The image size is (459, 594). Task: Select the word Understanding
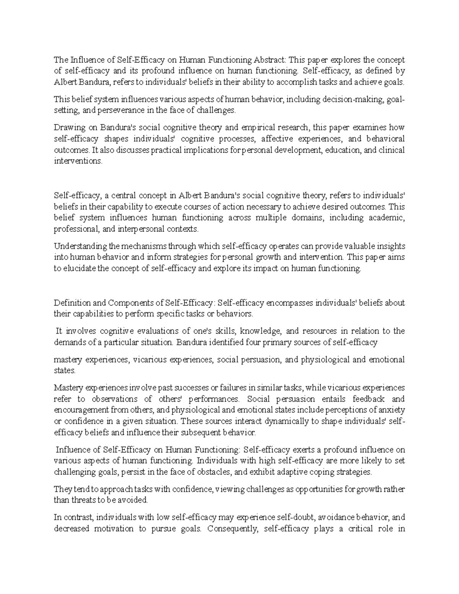(x=80, y=246)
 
